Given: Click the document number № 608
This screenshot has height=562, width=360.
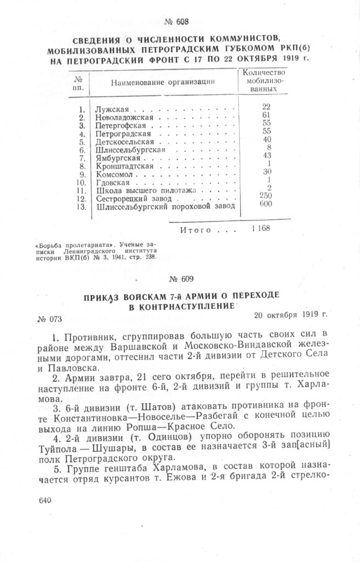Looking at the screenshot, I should pos(176,22).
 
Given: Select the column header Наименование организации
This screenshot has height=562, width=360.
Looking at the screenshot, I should pos(162,82).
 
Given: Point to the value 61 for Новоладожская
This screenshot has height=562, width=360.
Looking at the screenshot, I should pos(266,115).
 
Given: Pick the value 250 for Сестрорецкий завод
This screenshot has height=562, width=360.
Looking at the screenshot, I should pos(267,195).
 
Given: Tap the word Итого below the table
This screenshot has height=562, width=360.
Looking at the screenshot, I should pos(196,230).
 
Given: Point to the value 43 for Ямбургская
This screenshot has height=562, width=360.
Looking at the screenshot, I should pos(267,155).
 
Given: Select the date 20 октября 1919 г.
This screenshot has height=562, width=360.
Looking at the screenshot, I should pos(290,315).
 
